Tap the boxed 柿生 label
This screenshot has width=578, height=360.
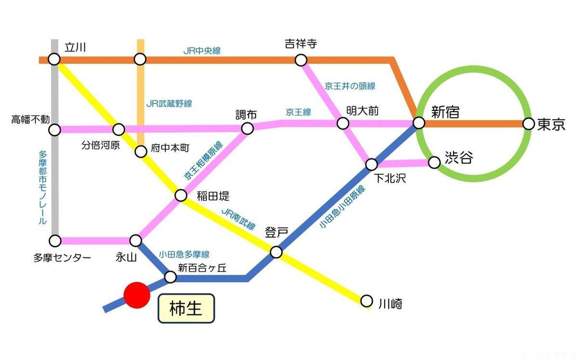[186, 309]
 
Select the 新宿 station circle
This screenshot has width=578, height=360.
[419, 123]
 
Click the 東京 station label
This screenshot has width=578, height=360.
[551, 124]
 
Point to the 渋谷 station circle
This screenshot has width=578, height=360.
[434, 163]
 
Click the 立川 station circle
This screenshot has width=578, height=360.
[54, 60]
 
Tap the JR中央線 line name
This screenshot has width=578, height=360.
[202, 51]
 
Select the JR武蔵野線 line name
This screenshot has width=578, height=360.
[169, 103]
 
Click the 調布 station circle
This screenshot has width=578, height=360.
[247, 128]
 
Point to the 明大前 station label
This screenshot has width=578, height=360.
[363, 111]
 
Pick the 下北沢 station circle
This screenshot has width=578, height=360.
[371, 165]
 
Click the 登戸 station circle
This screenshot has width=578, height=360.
[276, 252]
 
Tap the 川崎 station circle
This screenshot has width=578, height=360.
[367, 301]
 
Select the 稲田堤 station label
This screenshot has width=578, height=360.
[213, 196]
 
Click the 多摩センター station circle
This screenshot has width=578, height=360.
[55, 240]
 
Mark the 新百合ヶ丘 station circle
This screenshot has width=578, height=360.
[171, 277]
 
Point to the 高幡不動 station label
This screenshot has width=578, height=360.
[30, 119]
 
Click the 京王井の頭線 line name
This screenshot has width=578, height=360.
[350, 87]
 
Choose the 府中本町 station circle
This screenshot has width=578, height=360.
[140, 152]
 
